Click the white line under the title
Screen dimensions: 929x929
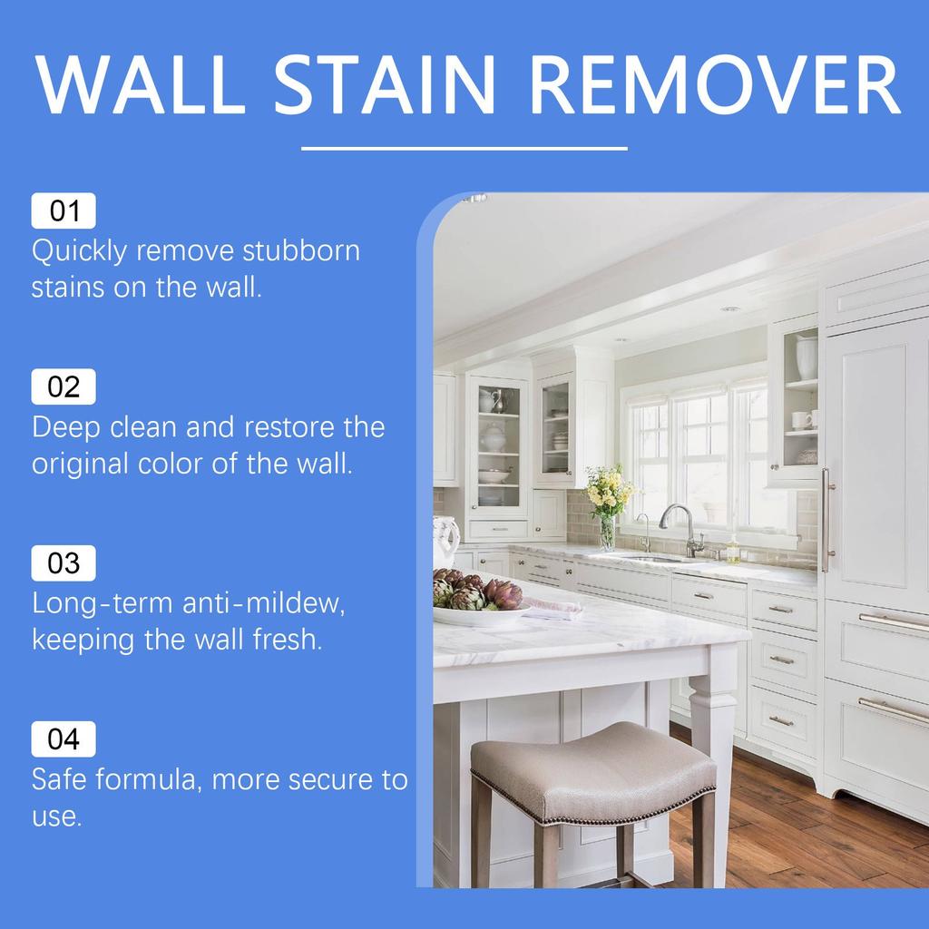(x=464, y=148)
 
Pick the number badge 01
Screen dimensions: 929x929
(x=64, y=211)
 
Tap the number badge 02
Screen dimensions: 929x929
(x=64, y=387)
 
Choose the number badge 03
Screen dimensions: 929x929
(x=64, y=563)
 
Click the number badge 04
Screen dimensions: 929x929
(x=64, y=739)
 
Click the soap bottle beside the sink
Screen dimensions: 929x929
(x=732, y=549)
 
